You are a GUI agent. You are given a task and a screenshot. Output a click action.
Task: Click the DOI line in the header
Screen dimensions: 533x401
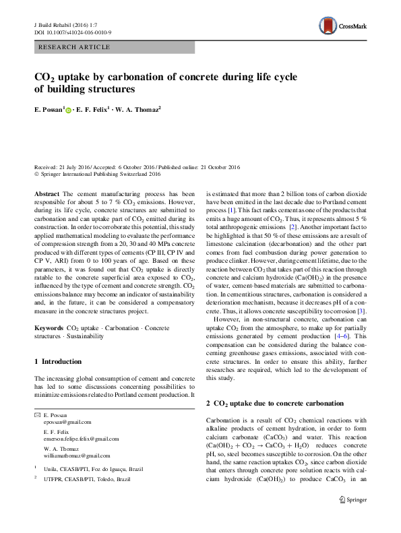[72, 32]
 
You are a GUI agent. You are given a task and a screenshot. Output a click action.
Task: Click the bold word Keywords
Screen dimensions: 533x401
[49, 327]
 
